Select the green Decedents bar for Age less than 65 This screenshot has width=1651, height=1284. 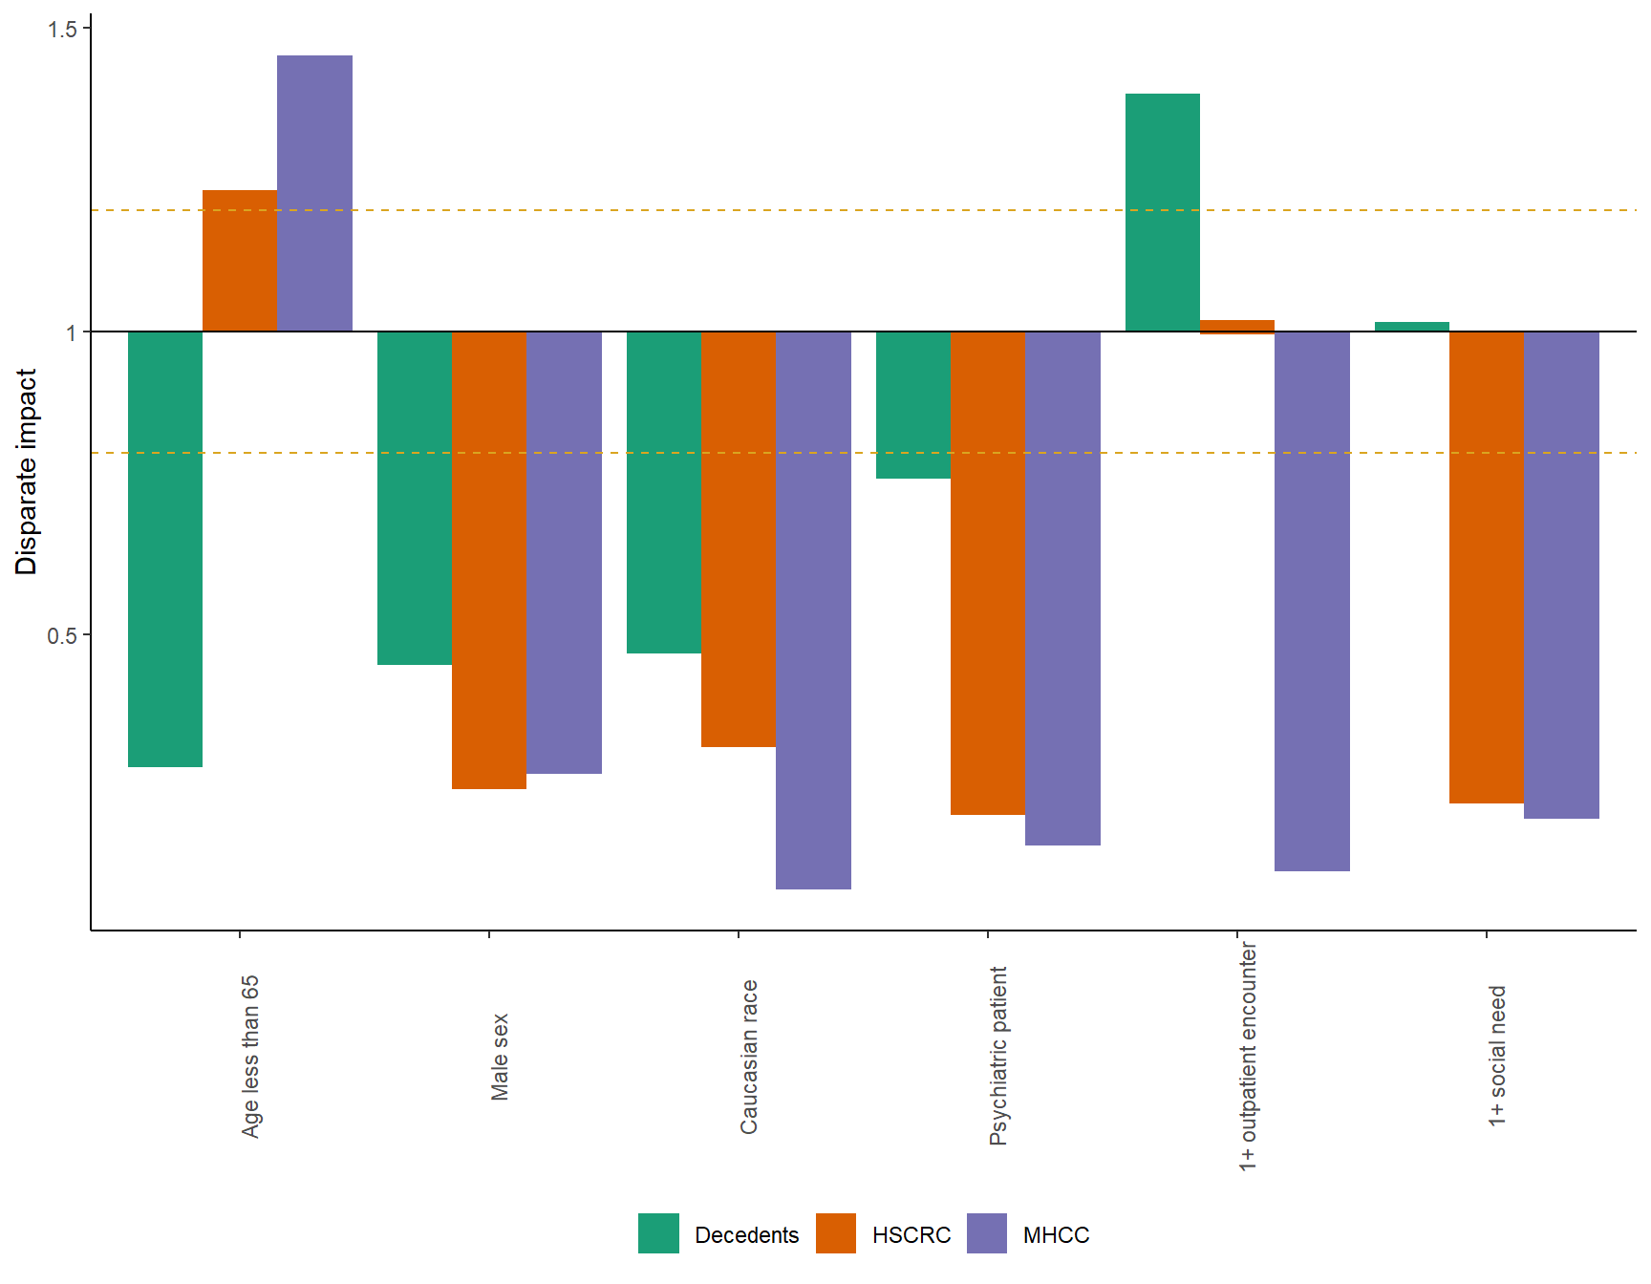165,549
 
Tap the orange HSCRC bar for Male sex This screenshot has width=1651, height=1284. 489,560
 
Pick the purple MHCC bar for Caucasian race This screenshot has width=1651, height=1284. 813,610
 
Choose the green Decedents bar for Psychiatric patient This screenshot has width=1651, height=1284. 913,405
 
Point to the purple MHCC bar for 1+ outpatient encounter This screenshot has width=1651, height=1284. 1312,601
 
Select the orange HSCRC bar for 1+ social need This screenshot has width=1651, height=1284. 1487,567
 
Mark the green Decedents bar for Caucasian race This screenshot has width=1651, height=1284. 664,492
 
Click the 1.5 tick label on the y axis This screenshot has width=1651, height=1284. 62,29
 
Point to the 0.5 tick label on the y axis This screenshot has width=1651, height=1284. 62,635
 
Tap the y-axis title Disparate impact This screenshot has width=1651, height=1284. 26,472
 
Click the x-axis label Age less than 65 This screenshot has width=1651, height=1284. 250,1056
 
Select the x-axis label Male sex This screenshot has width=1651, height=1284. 500,1057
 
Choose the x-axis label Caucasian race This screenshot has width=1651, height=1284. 749,1057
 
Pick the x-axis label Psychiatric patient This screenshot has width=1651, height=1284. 998,1056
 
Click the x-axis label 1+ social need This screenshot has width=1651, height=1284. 1497,1056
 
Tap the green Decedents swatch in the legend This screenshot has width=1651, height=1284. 658,1233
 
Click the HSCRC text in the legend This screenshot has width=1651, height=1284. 911,1235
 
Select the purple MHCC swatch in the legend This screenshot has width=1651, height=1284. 987,1233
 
